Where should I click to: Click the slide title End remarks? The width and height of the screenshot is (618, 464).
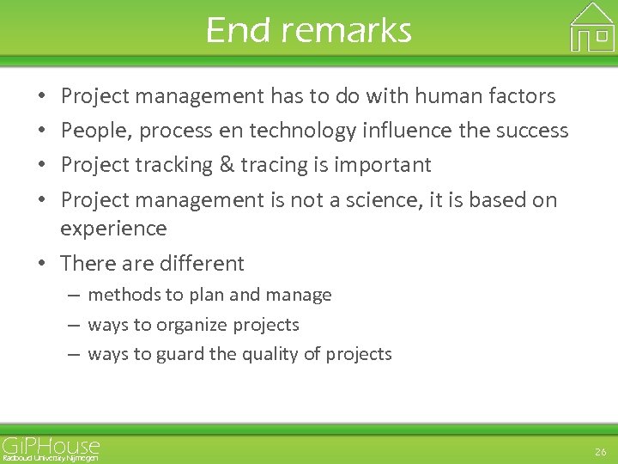tap(308, 30)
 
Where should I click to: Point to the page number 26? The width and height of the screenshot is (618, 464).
tap(600, 451)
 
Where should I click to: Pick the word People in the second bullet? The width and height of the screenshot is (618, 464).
tap(95, 131)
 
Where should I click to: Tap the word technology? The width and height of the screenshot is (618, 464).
tap(312, 131)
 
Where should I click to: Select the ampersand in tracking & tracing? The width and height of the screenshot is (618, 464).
tap(227, 165)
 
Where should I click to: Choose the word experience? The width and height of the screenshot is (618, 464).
tap(113, 229)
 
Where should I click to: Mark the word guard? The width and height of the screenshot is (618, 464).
tap(174, 354)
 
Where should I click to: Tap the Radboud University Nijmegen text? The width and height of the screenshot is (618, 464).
tap(50, 458)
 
